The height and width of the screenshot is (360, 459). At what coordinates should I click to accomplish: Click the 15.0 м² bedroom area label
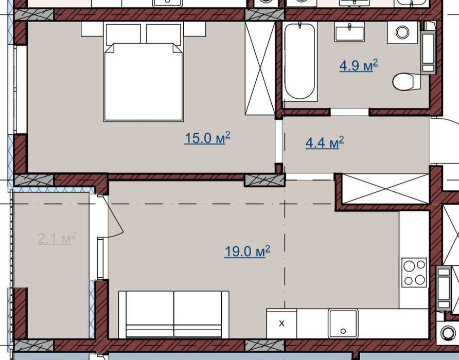click(x=207, y=138)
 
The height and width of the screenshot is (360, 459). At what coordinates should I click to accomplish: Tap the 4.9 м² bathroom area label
click(x=359, y=65)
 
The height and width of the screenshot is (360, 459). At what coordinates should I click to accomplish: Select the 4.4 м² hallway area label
click(x=325, y=142)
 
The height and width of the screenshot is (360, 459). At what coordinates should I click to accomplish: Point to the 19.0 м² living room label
click(x=247, y=251)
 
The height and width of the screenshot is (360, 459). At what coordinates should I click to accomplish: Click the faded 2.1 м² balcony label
click(x=57, y=238)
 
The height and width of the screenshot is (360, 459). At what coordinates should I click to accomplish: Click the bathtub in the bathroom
click(x=299, y=62)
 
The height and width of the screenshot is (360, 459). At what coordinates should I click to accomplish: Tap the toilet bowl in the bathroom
click(x=407, y=82)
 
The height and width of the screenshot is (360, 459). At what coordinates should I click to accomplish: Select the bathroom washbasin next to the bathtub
click(x=349, y=32)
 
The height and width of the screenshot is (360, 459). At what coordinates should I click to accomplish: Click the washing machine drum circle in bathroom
click(x=402, y=32)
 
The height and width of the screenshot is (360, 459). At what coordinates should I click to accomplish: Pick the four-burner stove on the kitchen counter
click(x=414, y=273)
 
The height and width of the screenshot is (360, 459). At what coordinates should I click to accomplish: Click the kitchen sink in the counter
click(x=343, y=323)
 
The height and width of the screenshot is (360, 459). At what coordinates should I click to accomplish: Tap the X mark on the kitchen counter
click(x=281, y=323)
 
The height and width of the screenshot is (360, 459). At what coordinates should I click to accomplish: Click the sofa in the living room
click(x=173, y=315)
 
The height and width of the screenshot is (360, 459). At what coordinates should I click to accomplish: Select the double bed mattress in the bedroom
click(x=144, y=82)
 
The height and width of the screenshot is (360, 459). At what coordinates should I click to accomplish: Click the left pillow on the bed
click(x=123, y=34)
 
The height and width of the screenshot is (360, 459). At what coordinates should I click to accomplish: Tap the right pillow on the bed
click(x=163, y=34)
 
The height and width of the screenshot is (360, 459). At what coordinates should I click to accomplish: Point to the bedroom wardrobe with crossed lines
click(x=260, y=68)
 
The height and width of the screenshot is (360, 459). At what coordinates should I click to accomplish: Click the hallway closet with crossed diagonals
click(x=385, y=189)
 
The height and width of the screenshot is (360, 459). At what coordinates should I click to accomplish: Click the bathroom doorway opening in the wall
click(x=349, y=112)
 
